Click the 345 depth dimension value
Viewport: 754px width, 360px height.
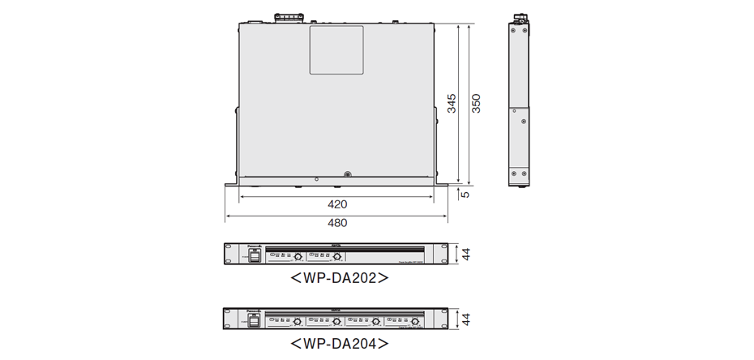(452, 103)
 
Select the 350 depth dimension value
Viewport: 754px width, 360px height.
(477, 103)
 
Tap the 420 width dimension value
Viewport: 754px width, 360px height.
(336, 204)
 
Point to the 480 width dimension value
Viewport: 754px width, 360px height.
(336, 222)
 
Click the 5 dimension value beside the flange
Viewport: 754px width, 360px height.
(464, 194)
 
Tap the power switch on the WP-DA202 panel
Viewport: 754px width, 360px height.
(254, 256)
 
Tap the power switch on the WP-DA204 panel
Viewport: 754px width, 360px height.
(254, 320)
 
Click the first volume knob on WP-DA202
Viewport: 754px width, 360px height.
(298, 257)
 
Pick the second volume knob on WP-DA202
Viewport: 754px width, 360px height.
(336, 257)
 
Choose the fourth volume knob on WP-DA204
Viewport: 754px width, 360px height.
(415, 321)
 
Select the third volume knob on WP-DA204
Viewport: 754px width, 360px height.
(375, 321)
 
